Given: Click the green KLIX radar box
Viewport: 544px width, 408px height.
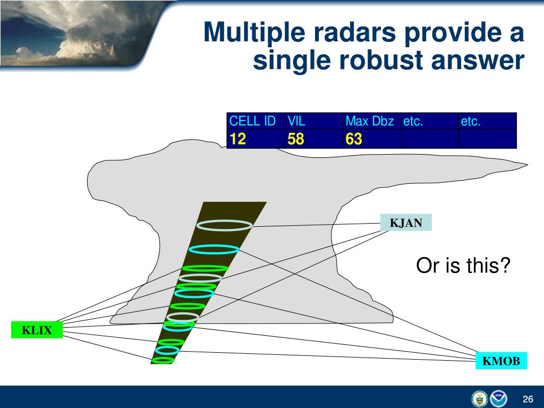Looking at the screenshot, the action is pyautogui.click(x=37, y=329).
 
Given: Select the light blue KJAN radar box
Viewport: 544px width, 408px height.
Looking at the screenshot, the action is pyautogui.click(x=406, y=223).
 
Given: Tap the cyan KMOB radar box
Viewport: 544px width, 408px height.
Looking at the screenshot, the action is pyautogui.click(x=501, y=361).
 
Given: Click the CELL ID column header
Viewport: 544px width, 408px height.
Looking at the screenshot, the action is pyautogui.click(x=252, y=121).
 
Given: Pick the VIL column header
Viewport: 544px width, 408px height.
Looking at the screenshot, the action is pyautogui.click(x=296, y=121).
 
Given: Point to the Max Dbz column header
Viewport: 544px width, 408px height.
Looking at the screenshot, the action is pyautogui.click(x=370, y=121).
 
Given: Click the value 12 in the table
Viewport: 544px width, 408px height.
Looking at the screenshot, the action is pyautogui.click(x=237, y=139).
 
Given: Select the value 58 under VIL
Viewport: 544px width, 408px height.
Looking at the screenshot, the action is pyautogui.click(x=295, y=139).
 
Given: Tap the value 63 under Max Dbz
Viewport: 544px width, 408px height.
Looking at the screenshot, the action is pyautogui.click(x=353, y=139).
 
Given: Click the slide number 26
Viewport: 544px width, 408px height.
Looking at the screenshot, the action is pyautogui.click(x=528, y=399).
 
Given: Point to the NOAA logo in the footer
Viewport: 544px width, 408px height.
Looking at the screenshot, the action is pyautogui.click(x=498, y=398).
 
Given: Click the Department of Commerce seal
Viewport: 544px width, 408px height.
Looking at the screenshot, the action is pyautogui.click(x=480, y=398).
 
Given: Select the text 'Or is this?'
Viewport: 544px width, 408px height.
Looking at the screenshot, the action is pyautogui.click(x=463, y=266).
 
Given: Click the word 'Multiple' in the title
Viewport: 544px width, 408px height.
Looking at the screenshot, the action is pyautogui.click(x=254, y=33).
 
